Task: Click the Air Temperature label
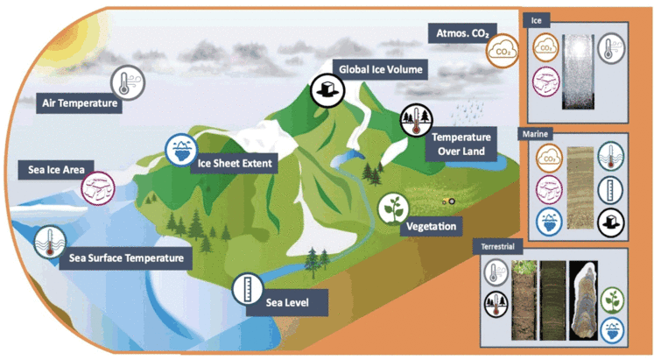[80, 103]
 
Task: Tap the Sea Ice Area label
[56, 170]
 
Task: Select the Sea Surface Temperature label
[126, 258]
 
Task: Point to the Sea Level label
[287, 303]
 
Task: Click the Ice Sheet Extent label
[235, 163]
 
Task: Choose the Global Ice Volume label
[381, 69]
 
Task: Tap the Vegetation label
[431, 226]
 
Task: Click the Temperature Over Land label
[461, 145]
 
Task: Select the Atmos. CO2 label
[462, 33]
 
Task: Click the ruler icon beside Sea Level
[248, 289]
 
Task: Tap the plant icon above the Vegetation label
[393, 208]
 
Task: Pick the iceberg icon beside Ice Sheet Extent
[181, 150]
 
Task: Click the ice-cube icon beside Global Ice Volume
[327, 90]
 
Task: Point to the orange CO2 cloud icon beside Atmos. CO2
[503, 51]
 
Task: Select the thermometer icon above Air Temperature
[128, 82]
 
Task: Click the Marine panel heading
[535, 134]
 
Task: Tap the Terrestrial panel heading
[497, 247]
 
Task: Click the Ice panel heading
[536, 20]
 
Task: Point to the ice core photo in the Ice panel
[578, 72]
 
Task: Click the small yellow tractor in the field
[448, 201]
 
